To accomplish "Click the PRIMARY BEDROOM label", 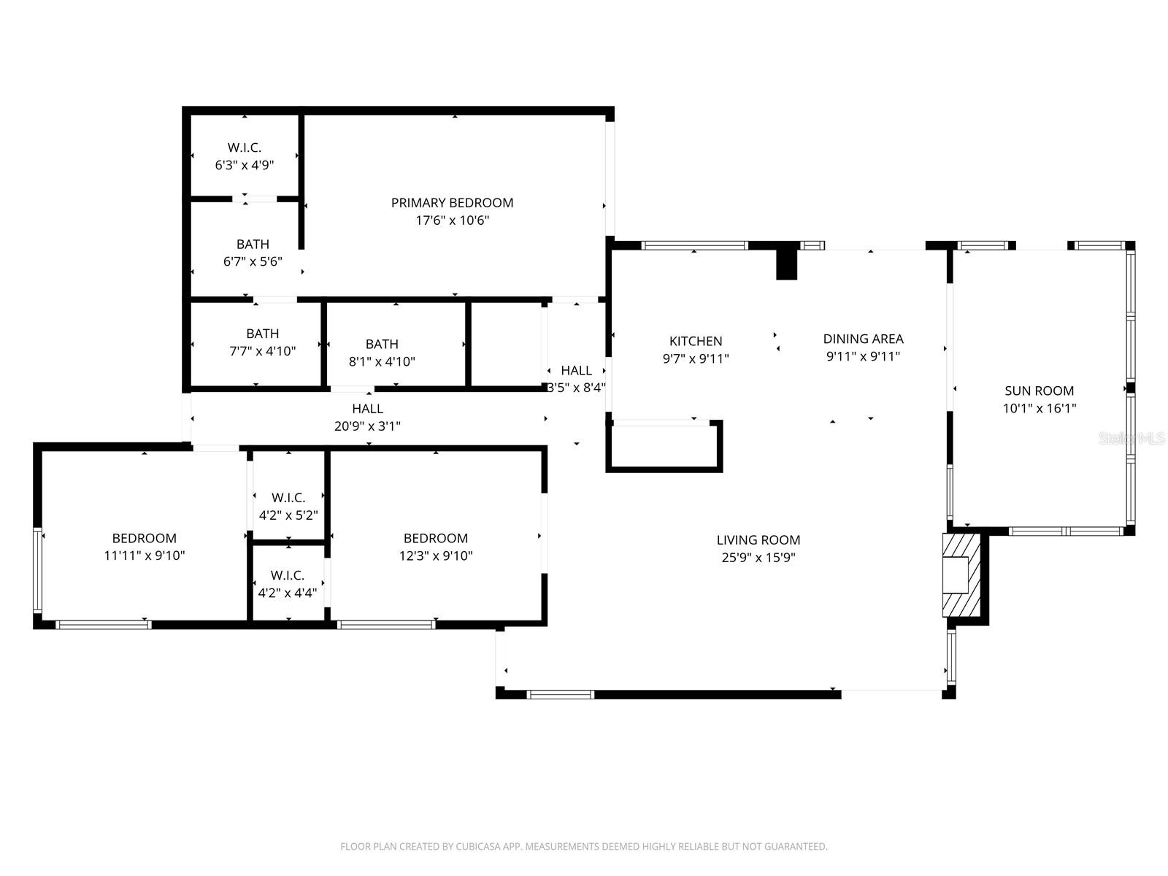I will [452, 203].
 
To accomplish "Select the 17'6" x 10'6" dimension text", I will [452, 220].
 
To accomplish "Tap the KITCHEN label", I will [696, 341].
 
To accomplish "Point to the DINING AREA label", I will [863, 339].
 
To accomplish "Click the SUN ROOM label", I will [1039, 391].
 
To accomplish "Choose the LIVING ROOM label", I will [758, 540].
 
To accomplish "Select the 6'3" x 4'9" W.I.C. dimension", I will [244, 165].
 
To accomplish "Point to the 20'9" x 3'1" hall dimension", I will [367, 426].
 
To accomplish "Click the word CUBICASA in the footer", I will [481, 847].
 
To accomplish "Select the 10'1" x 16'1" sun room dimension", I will [1039, 409].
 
